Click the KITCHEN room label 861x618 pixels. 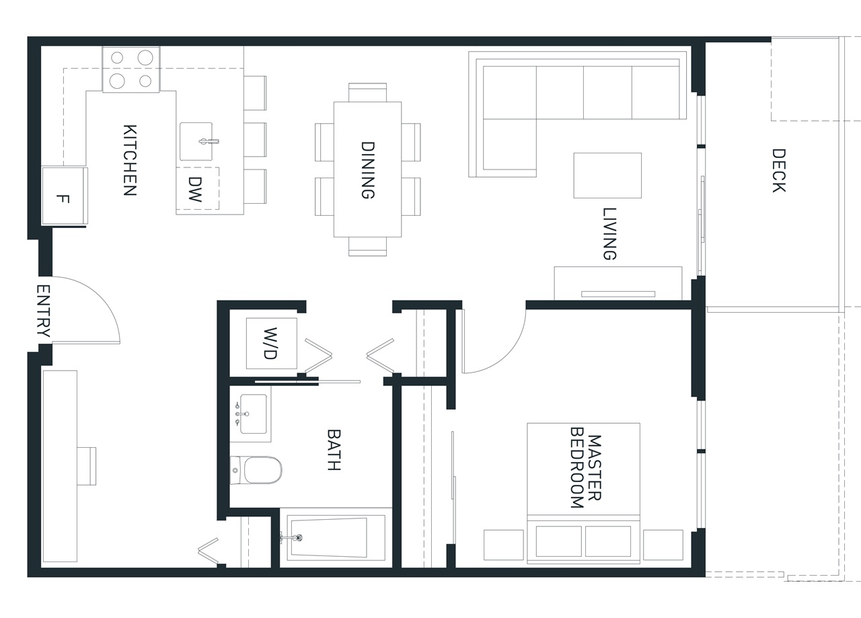[130, 160]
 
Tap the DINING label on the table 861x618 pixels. [368, 170]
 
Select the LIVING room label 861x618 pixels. [609, 233]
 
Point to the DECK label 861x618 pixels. [779, 170]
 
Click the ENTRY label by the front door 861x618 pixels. [44, 311]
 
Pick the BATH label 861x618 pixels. [334, 450]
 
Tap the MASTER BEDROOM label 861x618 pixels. [585, 467]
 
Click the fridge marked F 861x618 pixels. [65, 196]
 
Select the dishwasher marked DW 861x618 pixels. [198, 189]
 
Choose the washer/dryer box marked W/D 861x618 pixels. [271, 343]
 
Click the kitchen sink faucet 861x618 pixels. [209, 141]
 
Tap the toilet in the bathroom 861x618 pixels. [256, 469]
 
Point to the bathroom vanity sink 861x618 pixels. [254, 414]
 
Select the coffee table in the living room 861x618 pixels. [607, 176]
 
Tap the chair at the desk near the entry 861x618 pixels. [87, 466]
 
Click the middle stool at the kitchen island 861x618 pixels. [255, 140]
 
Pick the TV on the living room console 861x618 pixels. [618, 294]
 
